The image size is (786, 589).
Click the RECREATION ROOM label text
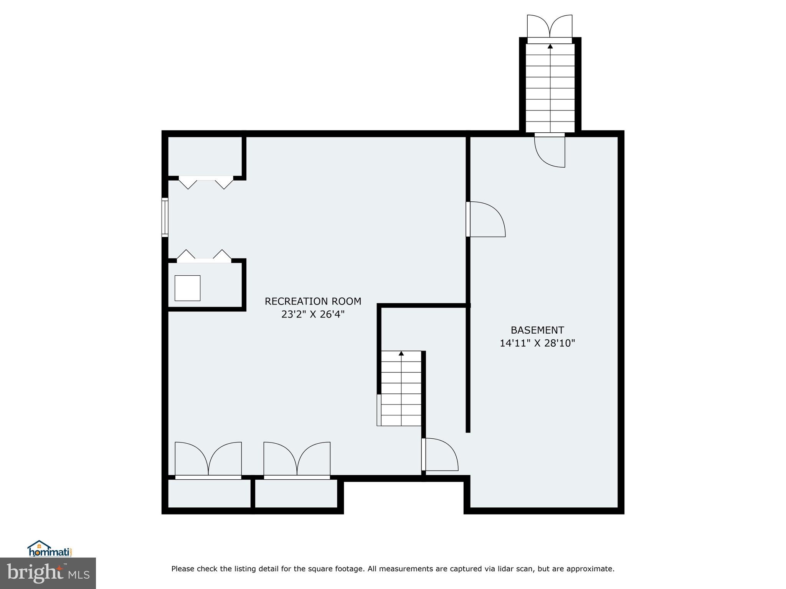[x=313, y=301]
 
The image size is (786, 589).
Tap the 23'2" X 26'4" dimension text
[x=313, y=314]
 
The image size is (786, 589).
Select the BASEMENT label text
[x=537, y=330]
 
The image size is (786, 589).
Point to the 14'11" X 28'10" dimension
[x=537, y=343]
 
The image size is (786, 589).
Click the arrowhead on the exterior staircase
[x=550, y=46]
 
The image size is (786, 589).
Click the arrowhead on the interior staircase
[x=401, y=353]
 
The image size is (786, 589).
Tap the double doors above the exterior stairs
[x=550, y=27]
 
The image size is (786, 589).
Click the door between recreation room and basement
[x=485, y=219]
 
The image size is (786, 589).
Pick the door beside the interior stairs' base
[x=441, y=455]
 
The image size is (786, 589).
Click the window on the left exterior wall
[x=165, y=217]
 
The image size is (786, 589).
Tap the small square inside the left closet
[x=187, y=288]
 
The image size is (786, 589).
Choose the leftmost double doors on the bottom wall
[x=208, y=459]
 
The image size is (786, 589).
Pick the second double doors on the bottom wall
[x=297, y=459]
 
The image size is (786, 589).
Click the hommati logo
[x=50, y=549]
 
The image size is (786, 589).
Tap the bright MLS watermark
[x=48, y=573]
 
